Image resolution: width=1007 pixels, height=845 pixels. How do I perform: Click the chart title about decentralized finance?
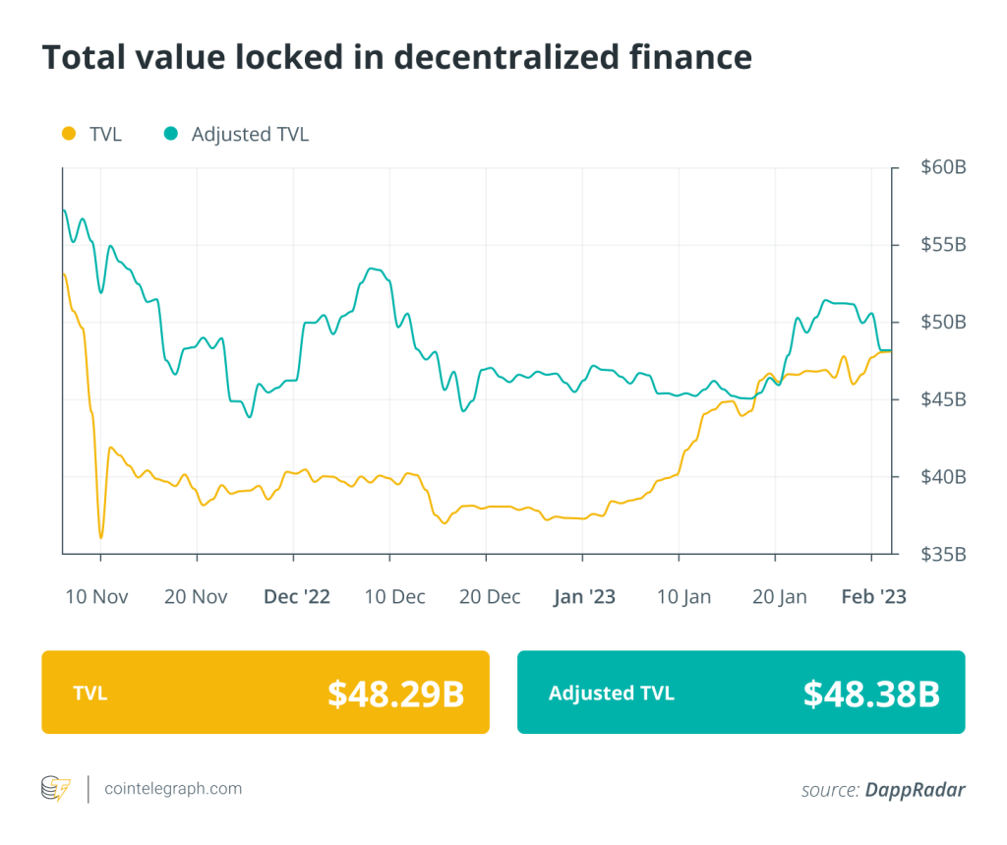pyautogui.click(x=396, y=57)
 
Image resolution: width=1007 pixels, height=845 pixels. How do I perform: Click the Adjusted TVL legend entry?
pyautogui.click(x=237, y=134)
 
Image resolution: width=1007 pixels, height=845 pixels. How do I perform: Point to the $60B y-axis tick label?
pyautogui.click(x=943, y=167)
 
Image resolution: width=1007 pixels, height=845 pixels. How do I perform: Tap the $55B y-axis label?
pyautogui.click(x=943, y=244)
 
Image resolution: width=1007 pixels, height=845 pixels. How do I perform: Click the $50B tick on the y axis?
pyautogui.click(x=943, y=322)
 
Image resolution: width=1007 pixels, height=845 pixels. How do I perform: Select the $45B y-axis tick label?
pyautogui.click(x=943, y=399)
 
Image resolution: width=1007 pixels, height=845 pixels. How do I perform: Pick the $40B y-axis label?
pyautogui.click(x=943, y=477)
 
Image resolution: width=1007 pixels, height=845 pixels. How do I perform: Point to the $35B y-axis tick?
pyautogui.click(x=943, y=555)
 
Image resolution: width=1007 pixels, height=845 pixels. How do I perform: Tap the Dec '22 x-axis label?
pyautogui.click(x=296, y=596)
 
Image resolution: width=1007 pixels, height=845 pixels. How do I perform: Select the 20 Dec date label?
pyautogui.click(x=489, y=596)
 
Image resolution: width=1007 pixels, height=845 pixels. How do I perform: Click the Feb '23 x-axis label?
pyautogui.click(x=873, y=596)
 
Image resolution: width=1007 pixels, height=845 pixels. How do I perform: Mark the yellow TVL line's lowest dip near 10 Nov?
pyautogui.click(x=100, y=537)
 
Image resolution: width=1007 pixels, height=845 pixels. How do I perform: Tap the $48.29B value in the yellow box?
pyautogui.click(x=395, y=694)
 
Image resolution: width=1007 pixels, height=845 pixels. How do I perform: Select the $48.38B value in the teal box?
pyautogui.click(x=871, y=694)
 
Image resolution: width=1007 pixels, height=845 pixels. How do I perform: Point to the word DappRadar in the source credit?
pyautogui.click(x=916, y=789)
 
